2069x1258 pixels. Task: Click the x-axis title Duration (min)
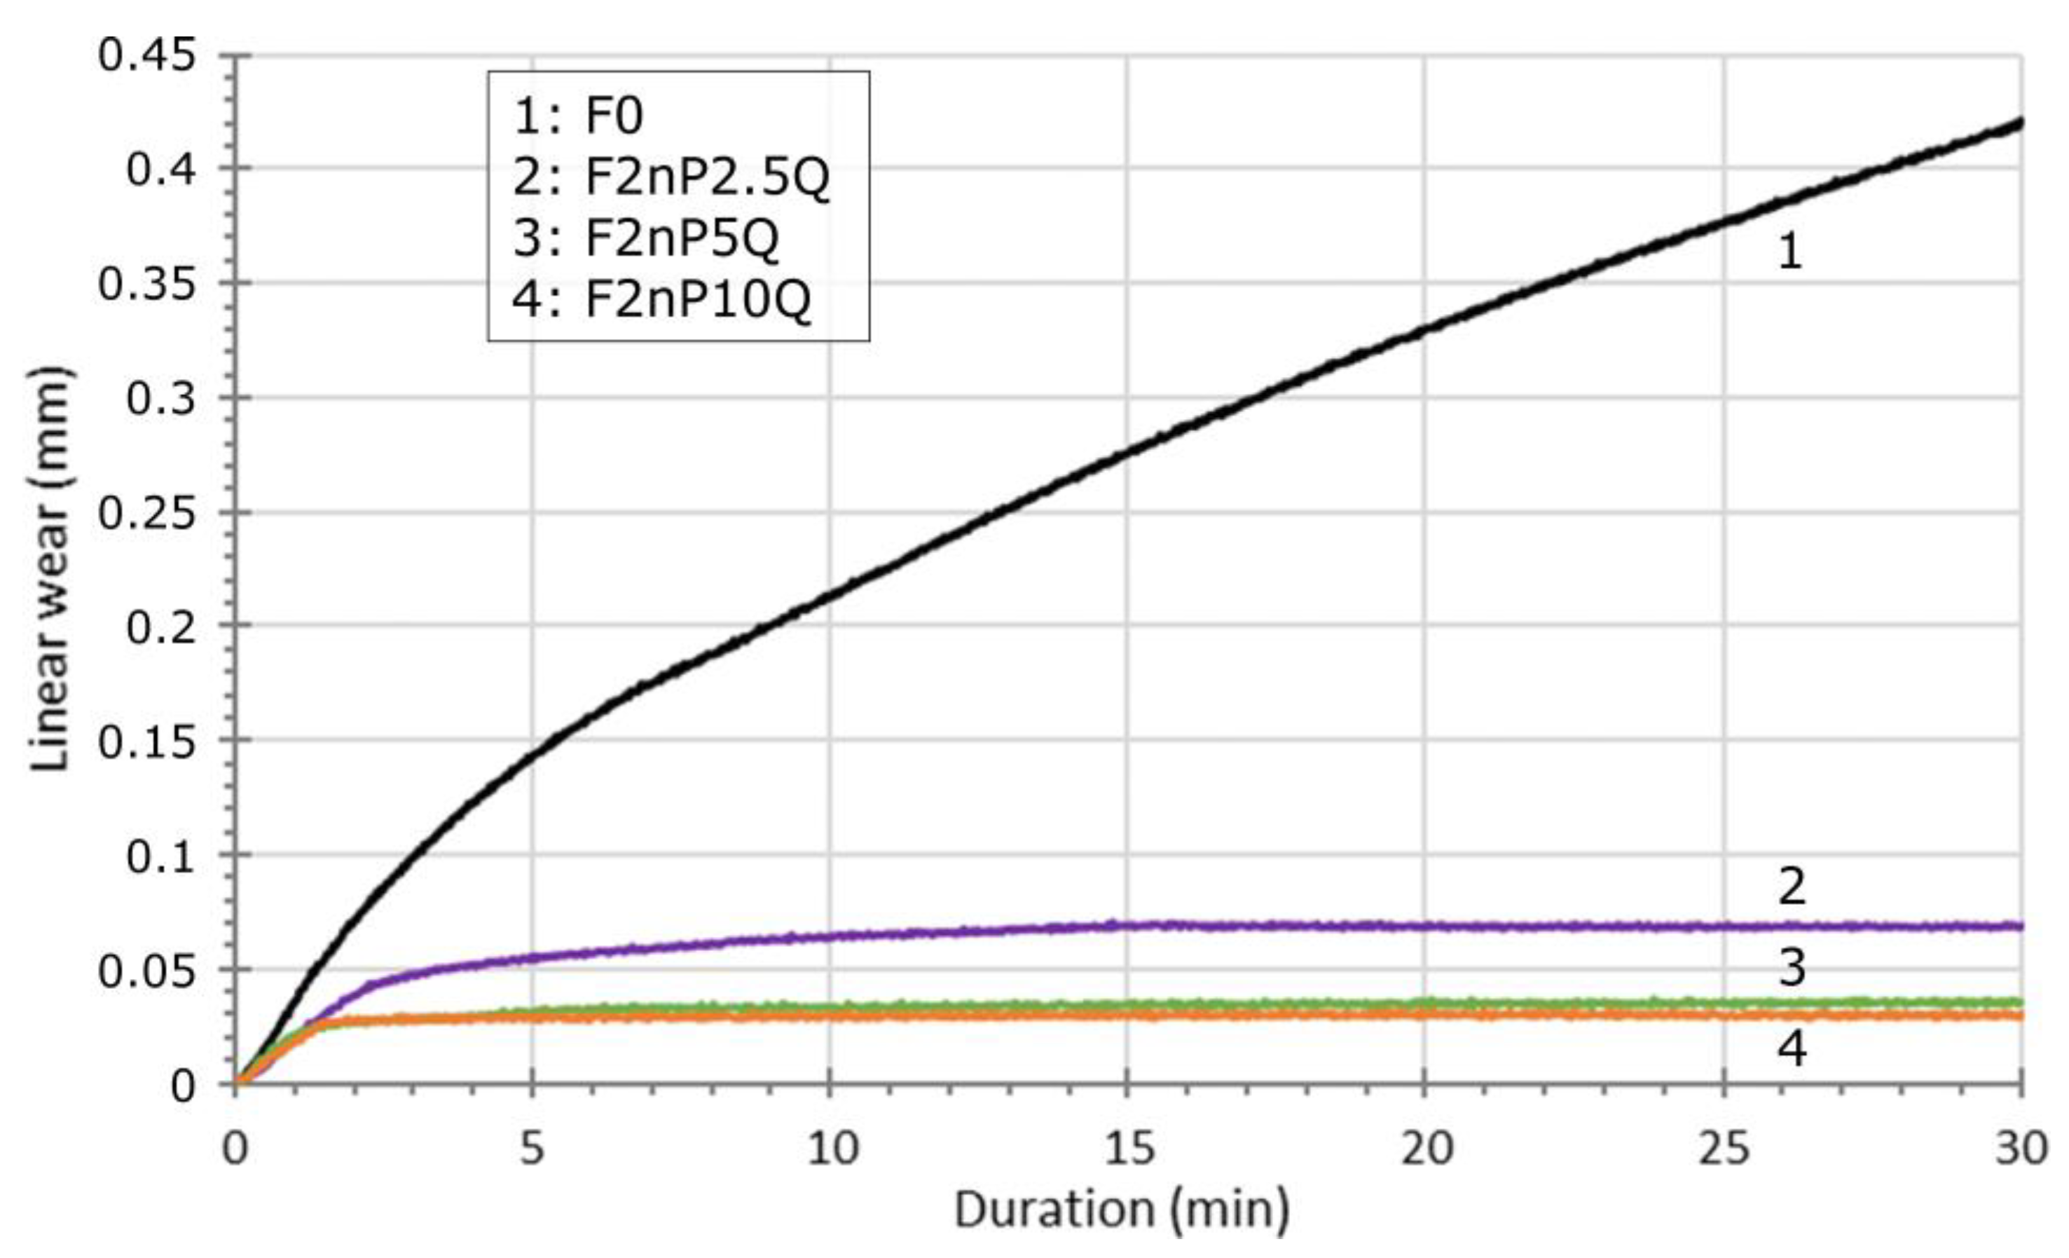[x=1121, y=1210]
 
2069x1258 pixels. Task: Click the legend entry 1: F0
[x=579, y=115]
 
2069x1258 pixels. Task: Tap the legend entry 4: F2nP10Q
[x=661, y=300]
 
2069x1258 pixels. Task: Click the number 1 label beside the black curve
[x=1789, y=251]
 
